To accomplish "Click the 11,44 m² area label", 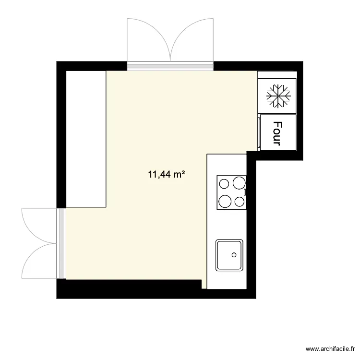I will [167, 175].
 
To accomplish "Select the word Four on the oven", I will [277, 132].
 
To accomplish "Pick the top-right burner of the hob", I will [238, 183].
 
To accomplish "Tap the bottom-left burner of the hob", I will [225, 200].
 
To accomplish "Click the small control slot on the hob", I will [245, 192].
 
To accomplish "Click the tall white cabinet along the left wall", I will [85, 139].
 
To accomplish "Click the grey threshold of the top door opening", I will [170, 67].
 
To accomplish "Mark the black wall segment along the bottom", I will [130, 289].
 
